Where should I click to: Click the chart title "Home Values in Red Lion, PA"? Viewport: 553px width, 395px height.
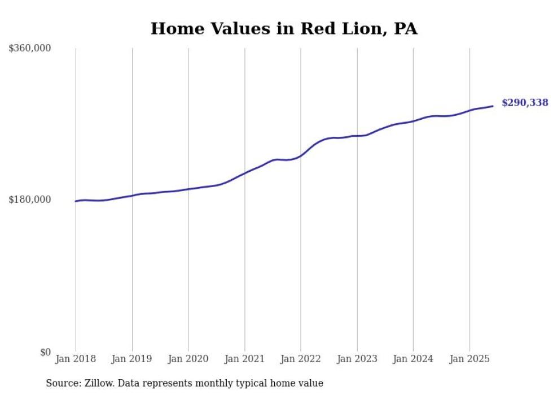pyautogui.click(x=284, y=28)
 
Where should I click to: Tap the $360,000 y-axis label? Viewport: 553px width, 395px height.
pyautogui.click(x=30, y=48)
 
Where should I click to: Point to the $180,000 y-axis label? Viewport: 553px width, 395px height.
pyautogui.click(x=30, y=199)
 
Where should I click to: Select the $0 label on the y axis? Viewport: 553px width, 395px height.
pyautogui.click(x=45, y=352)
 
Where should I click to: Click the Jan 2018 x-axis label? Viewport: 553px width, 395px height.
pyautogui.click(x=76, y=359)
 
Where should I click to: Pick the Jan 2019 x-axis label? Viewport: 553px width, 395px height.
pyautogui.click(x=132, y=359)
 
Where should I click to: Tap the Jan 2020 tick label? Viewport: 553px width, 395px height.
pyautogui.click(x=188, y=359)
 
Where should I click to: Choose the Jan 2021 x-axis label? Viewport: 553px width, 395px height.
pyautogui.click(x=244, y=359)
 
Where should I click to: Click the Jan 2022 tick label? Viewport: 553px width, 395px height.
pyautogui.click(x=301, y=359)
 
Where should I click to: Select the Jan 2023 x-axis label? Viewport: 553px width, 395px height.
pyautogui.click(x=357, y=359)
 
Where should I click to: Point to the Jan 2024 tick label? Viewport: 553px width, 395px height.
pyautogui.click(x=413, y=359)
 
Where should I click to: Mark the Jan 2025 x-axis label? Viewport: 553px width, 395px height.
pyautogui.click(x=469, y=359)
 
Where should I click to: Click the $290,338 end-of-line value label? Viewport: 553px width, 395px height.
pyautogui.click(x=525, y=103)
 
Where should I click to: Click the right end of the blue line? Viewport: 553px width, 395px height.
pyautogui.click(x=493, y=106)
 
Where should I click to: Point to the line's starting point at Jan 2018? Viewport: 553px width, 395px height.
pyautogui.click(x=76, y=201)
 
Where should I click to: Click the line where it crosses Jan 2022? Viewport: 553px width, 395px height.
pyautogui.click(x=301, y=155)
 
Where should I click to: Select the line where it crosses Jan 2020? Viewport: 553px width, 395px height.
pyautogui.click(x=188, y=189)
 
